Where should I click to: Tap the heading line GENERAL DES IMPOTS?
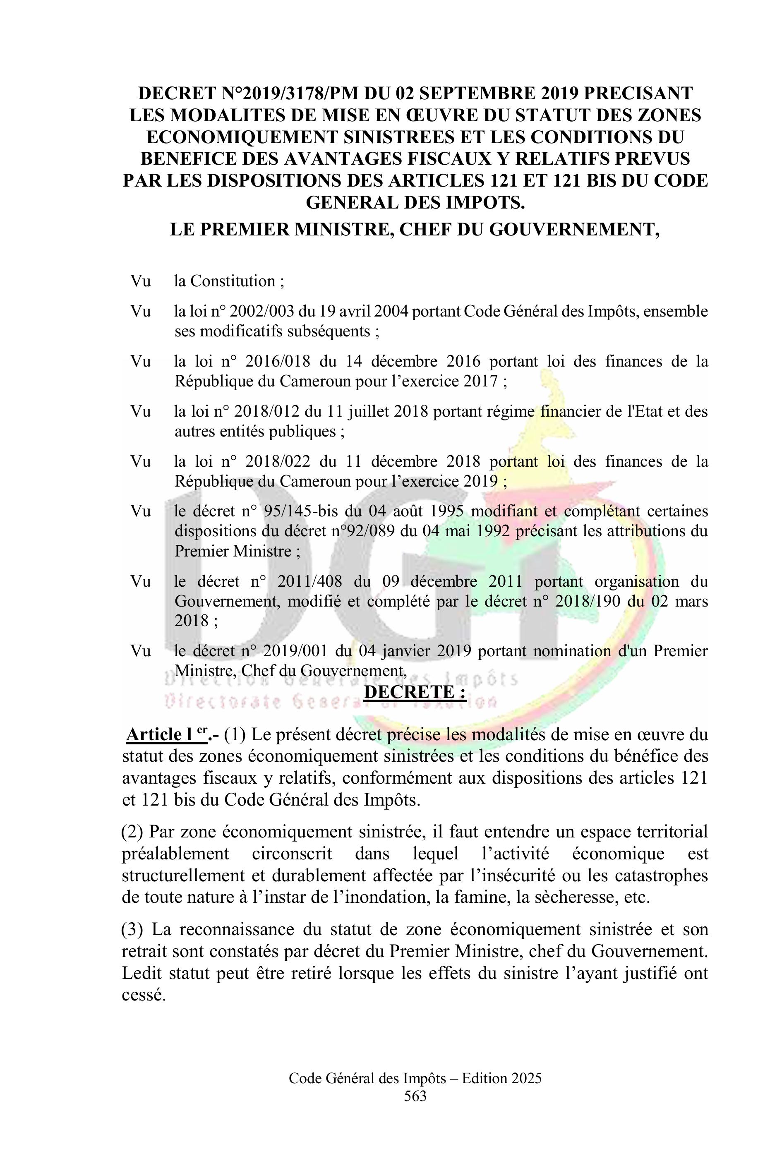point(415,202)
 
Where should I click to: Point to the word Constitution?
point(233,281)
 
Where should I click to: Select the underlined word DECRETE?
point(415,692)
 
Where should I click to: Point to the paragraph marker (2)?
point(133,832)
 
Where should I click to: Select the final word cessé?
point(144,995)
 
